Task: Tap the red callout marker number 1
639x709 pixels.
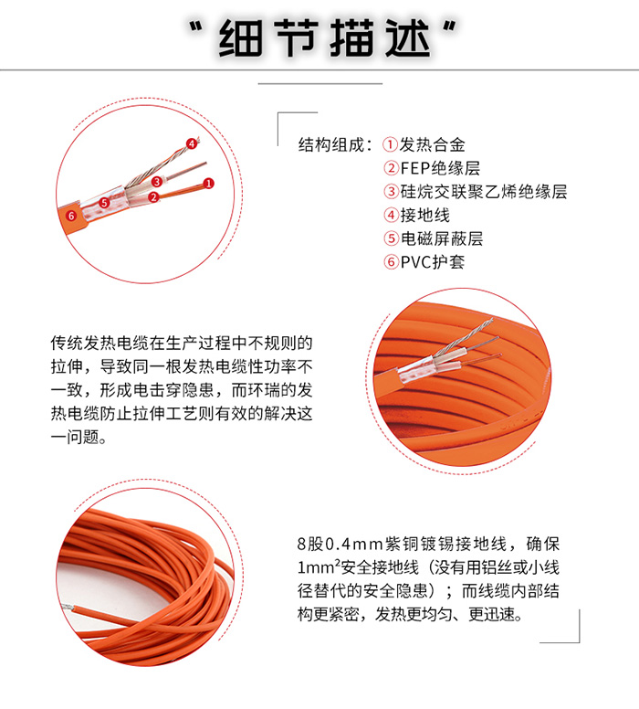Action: pyautogui.click(x=208, y=184)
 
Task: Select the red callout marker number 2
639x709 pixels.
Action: pyautogui.click(x=153, y=196)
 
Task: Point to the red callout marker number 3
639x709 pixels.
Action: pyautogui.click(x=157, y=182)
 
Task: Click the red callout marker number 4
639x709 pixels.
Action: pyautogui.click(x=191, y=143)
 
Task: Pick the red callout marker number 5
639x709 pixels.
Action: pyautogui.click(x=104, y=203)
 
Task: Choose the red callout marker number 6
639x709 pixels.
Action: pyautogui.click(x=71, y=216)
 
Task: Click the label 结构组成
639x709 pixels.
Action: pyautogui.click(x=334, y=144)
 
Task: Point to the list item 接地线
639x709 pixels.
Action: pyautogui.click(x=425, y=216)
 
